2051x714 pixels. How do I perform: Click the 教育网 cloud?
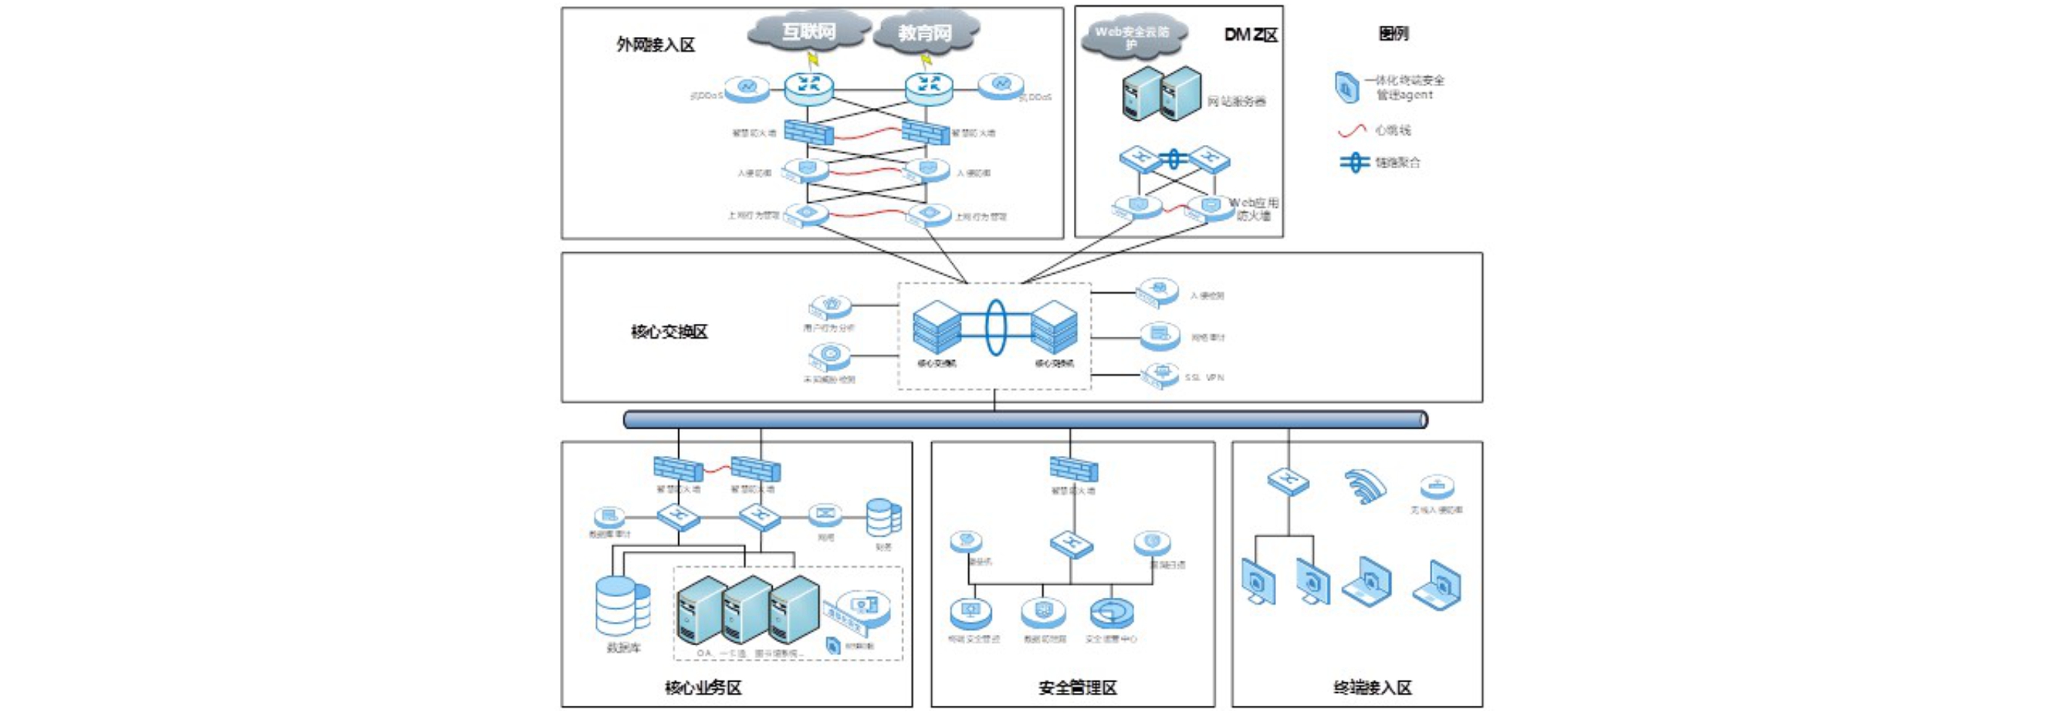click(x=925, y=32)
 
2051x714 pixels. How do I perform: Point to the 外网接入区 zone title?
click(x=655, y=45)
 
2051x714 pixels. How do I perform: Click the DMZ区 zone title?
click(x=1251, y=34)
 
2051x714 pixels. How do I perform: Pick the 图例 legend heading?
click(x=1393, y=33)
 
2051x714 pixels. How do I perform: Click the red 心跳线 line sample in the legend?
click(x=1352, y=130)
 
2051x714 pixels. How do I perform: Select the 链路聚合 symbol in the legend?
click(x=1355, y=162)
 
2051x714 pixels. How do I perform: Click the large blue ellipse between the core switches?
click(x=995, y=327)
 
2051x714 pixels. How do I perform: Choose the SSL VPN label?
click(x=1204, y=377)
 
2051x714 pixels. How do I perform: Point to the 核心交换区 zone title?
click(x=669, y=332)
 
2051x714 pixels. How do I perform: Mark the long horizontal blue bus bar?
click(x=1025, y=420)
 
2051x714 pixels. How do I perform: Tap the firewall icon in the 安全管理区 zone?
click(x=1073, y=469)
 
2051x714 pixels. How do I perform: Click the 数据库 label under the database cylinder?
click(x=623, y=648)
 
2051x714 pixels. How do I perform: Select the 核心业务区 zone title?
click(x=703, y=688)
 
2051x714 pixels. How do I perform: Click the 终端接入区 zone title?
click(x=1373, y=688)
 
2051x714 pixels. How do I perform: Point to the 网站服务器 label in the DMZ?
click(x=1237, y=101)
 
